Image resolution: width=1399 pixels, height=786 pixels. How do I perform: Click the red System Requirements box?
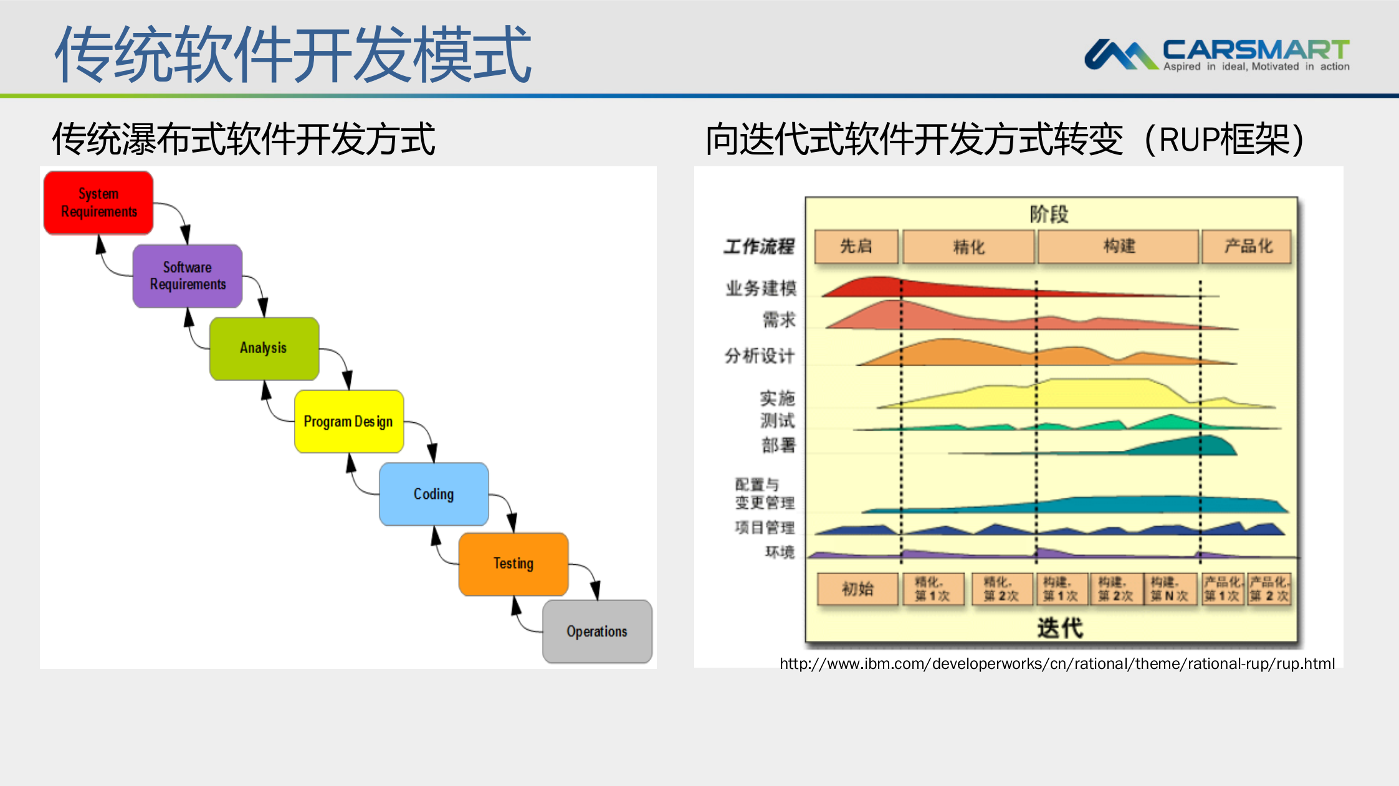tap(98, 203)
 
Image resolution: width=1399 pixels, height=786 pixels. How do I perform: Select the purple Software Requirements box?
tap(188, 276)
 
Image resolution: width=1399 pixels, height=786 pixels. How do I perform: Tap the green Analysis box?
tap(264, 348)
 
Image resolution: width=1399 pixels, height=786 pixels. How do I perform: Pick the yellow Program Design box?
tap(349, 422)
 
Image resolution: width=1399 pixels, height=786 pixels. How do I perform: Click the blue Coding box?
tap(434, 494)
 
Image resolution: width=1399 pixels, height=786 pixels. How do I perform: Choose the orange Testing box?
tap(513, 564)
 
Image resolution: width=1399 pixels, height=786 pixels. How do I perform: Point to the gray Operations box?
tap(597, 632)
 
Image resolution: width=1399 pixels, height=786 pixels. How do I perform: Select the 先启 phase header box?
tap(856, 247)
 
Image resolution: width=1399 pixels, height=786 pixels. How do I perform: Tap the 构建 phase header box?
tap(1119, 247)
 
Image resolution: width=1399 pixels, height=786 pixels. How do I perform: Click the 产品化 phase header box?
tap(1247, 247)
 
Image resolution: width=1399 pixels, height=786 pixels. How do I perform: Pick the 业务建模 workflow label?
tap(761, 288)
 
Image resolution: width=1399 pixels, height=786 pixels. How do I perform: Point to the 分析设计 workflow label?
tap(760, 356)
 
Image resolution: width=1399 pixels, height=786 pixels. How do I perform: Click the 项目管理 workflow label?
tap(765, 528)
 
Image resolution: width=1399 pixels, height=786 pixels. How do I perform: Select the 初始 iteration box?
tap(857, 589)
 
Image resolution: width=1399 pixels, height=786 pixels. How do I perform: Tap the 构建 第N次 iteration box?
tap(1169, 589)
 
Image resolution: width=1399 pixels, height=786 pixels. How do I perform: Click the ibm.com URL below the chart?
tap(1057, 664)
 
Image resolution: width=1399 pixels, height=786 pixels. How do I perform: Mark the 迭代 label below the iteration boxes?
tap(1059, 628)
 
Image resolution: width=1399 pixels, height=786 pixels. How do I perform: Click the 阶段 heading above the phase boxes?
tap(1049, 214)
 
